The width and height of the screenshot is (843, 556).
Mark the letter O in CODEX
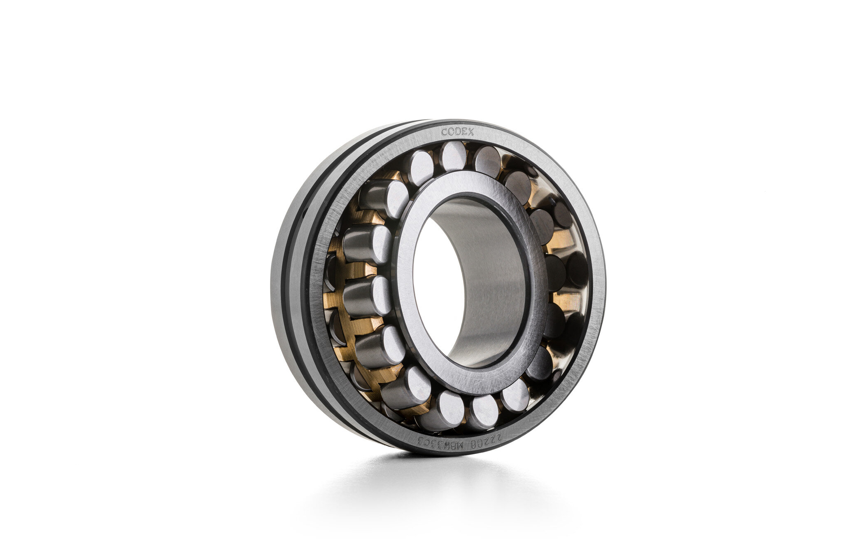point(451,132)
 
